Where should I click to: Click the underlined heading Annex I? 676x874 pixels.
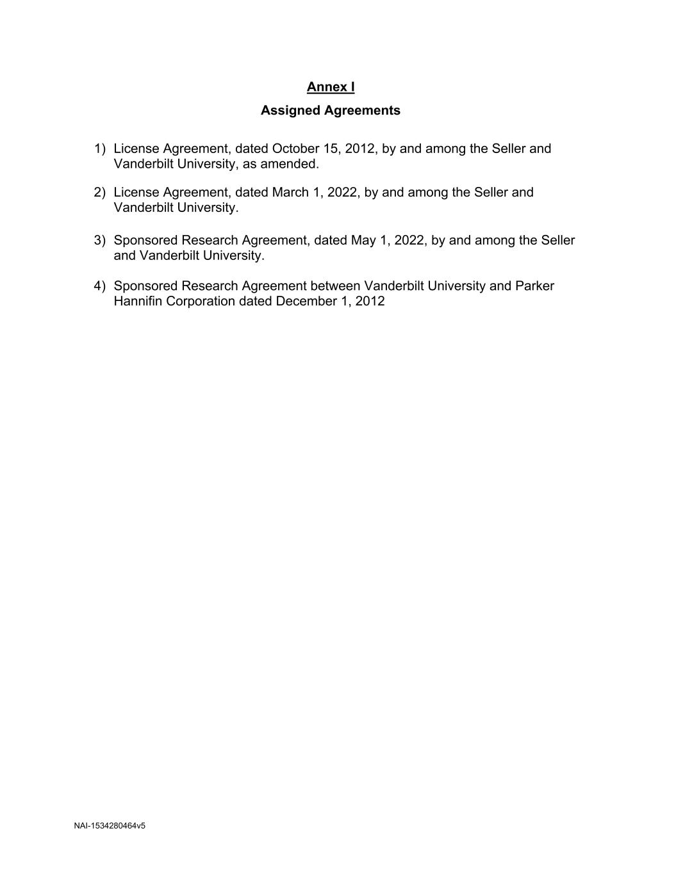tap(331, 87)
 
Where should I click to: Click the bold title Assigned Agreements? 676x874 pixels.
tap(331, 110)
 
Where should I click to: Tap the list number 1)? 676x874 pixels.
tap(99, 149)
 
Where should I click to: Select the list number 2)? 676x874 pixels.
tap(99, 192)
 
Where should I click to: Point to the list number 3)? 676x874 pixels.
tap(99, 240)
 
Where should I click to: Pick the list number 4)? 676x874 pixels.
tap(99, 286)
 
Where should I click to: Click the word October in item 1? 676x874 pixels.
tap(295, 149)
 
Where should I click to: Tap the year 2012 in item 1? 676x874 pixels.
tap(359, 149)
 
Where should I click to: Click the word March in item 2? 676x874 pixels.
tap(290, 192)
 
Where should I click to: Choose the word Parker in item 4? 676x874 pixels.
tap(534, 286)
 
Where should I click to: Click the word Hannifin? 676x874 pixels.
tap(138, 301)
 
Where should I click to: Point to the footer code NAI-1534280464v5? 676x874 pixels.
tap(110, 826)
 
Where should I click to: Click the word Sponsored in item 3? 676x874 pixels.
tap(145, 240)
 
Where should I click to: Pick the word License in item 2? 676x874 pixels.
tap(136, 192)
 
